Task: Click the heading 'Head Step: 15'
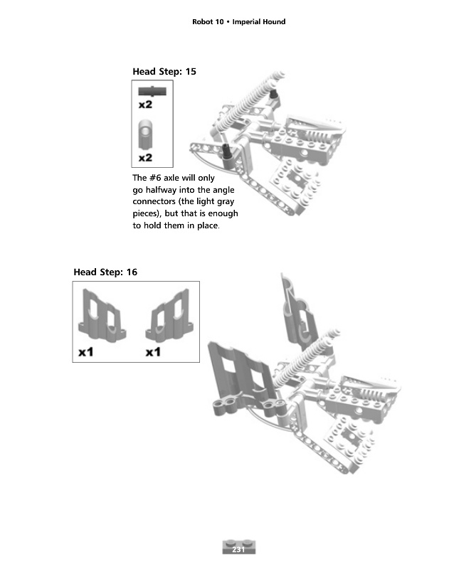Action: pos(164,71)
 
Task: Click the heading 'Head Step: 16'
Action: pos(105,272)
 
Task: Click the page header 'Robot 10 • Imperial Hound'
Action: pos(238,22)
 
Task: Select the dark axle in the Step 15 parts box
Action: pos(151,90)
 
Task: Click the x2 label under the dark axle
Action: pos(146,105)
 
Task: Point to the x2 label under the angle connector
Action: pos(146,156)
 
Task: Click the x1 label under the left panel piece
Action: pos(86,352)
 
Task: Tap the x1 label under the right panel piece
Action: pos(154,352)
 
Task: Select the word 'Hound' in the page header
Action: pos(272,22)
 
